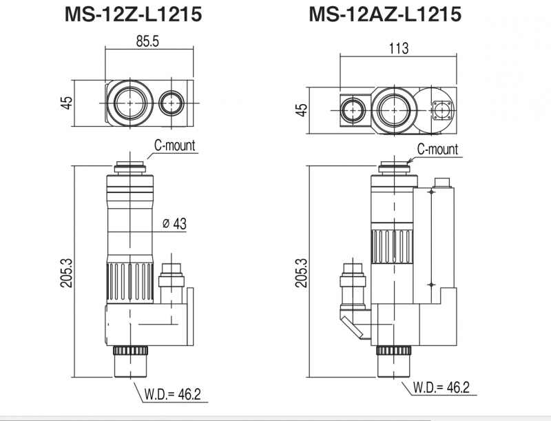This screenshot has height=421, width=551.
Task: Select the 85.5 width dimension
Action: click(x=147, y=42)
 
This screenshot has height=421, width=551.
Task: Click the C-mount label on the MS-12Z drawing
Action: click(x=175, y=145)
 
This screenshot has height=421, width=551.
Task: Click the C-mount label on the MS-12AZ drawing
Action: click(x=437, y=150)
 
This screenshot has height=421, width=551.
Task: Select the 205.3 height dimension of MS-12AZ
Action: click(x=300, y=274)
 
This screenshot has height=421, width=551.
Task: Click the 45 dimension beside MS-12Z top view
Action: click(x=67, y=103)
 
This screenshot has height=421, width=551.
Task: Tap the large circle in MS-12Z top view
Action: click(x=127, y=103)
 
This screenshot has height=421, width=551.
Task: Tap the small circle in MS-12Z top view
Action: click(x=170, y=103)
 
